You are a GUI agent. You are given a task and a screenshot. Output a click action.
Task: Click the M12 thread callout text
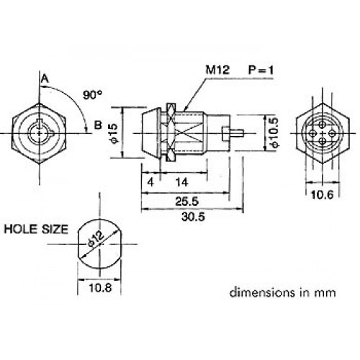pos(217,70)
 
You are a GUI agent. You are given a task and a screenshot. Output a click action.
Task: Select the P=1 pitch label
pos(261,70)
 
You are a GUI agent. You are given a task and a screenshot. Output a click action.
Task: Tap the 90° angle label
pos(92,95)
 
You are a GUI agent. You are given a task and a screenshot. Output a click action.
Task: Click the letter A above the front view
pos(45,78)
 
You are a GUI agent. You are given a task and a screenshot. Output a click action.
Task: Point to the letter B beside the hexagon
pos(98,125)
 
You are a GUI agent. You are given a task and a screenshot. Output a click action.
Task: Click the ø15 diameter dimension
pos(115,133)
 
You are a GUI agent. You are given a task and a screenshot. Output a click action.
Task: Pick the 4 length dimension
pos(150,183)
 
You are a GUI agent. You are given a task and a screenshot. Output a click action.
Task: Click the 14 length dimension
pos(182,183)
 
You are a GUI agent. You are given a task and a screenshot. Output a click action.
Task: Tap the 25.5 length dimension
pos(187,201)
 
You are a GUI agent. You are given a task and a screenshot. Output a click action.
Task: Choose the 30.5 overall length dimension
pos(193,217)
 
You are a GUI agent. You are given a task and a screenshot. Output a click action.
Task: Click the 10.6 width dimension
pos(323,194)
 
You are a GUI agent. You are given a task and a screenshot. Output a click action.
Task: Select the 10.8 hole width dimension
pos(100,287)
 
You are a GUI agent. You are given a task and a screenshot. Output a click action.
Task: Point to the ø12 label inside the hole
pos(96,238)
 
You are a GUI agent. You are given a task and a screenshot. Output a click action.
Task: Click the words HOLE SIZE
pos(36,229)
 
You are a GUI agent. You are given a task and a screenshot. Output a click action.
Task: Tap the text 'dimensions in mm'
pos(283,292)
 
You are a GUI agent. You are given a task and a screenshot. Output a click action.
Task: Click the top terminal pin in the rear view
pos(323,125)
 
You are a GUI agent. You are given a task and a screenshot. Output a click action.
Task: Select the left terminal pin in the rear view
pos(312,133)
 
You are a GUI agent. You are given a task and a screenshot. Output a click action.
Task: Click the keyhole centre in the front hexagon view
pos(39,133)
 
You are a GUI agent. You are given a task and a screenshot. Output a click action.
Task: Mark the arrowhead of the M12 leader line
pos(185,109)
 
